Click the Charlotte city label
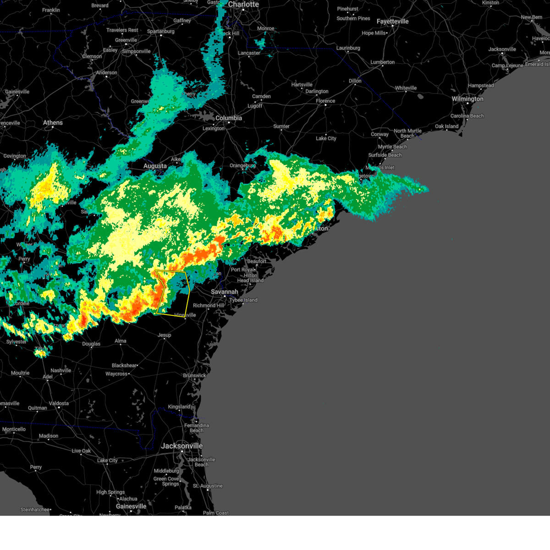243,5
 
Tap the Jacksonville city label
181,446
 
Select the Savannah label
224,292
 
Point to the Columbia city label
229,118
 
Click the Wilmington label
467,99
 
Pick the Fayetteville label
392,22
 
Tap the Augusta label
155,166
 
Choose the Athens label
53,123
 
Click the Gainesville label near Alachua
131,506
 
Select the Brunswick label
195,376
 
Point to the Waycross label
116,374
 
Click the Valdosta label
59,403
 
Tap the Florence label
325,101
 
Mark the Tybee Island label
243,300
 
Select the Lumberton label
382,62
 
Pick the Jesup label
164,335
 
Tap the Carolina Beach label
467,116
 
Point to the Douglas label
91,344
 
